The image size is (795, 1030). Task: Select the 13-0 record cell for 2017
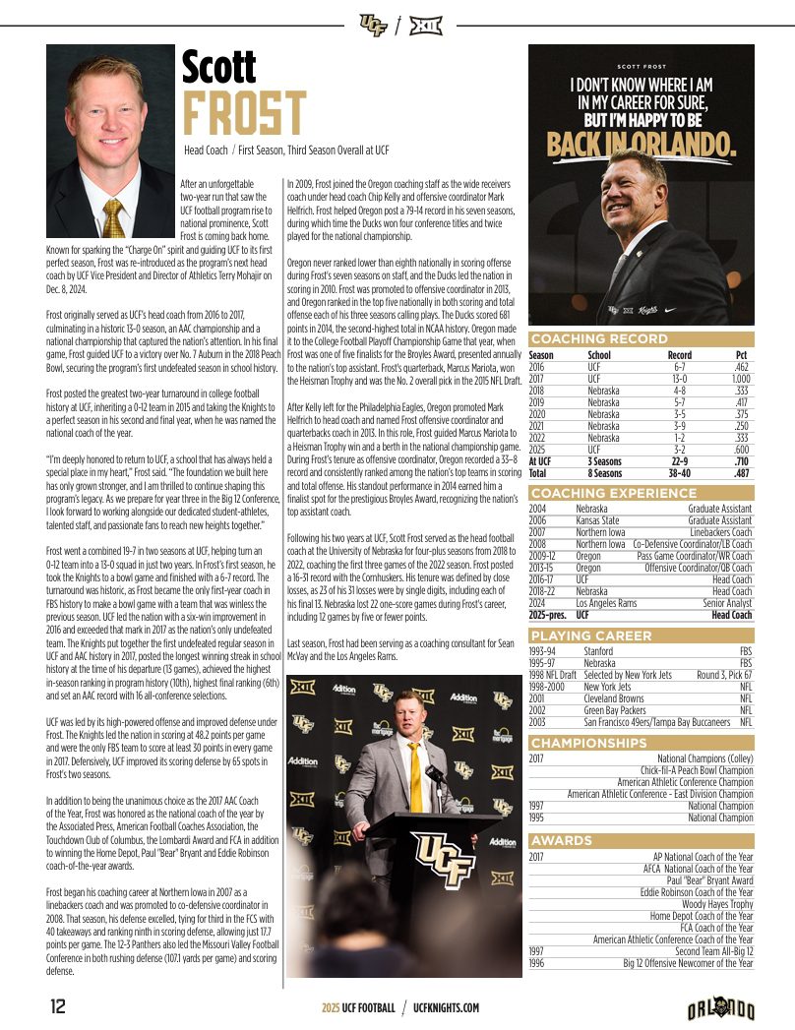[679, 379]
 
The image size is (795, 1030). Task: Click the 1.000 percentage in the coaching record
[741, 379]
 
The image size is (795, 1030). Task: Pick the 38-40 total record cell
[679, 473]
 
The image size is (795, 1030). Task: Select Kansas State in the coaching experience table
[597, 520]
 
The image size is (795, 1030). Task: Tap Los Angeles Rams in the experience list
[608, 603]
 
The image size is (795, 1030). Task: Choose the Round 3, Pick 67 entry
[724, 675]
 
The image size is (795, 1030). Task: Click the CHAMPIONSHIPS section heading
[588, 743]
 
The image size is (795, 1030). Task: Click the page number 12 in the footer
[58, 1007]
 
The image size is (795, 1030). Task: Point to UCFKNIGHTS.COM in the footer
[446, 1008]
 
